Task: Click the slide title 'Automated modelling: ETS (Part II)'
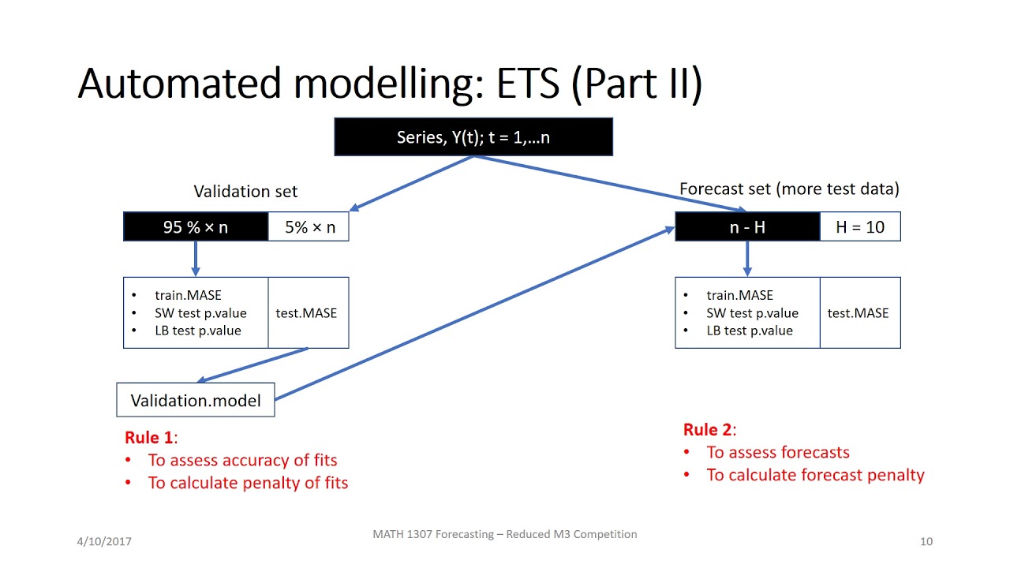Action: point(390,84)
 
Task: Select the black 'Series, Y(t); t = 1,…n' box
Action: point(473,136)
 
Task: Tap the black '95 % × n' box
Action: point(196,227)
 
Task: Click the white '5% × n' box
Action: point(309,227)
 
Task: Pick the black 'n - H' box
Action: point(747,227)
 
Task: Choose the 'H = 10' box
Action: point(860,227)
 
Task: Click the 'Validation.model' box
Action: point(196,400)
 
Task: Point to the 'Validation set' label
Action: point(245,192)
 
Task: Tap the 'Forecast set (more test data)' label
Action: point(789,189)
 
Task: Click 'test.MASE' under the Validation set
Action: point(306,313)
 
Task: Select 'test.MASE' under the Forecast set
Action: point(858,313)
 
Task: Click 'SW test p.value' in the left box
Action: point(200,313)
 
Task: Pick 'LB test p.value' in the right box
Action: point(750,331)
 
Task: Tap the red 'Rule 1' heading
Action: point(149,438)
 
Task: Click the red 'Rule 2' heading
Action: point(708,430)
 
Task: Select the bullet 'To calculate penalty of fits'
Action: point(248,483)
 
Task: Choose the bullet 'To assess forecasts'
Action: point(778,452)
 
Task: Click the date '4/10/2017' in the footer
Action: point(104,541)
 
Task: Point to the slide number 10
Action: point(926,541)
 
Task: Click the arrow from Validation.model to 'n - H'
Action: point(473,313)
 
